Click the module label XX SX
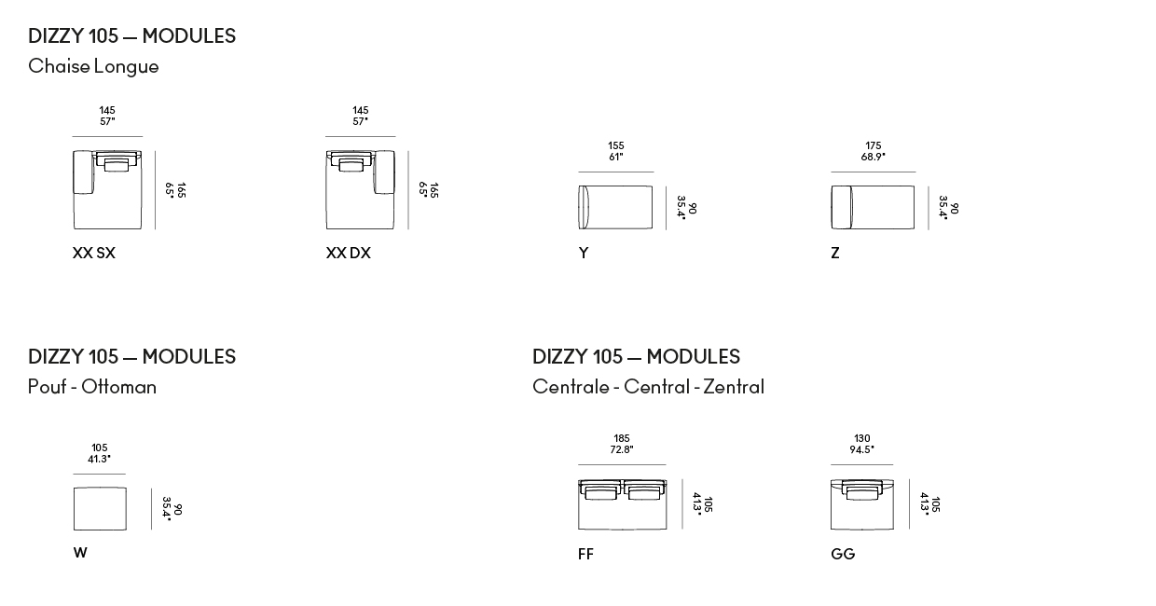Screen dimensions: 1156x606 (x=94, y=253)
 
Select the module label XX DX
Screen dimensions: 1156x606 (x=349, y=253)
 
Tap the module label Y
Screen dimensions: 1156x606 (x=584, y=253)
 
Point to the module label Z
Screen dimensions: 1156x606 (x=835, y=253)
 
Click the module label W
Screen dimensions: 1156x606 (x=80, y=553)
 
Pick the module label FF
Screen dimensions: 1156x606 (x=585, y=554)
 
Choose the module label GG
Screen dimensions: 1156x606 (x=843, y=554)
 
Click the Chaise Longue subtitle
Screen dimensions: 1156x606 (x=93, y=66)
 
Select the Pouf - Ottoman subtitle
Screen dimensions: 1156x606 (x=92, y=387)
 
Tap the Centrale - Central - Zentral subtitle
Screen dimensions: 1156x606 (x=648, y=387)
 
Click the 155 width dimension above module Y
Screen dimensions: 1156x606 (x=615, y=145)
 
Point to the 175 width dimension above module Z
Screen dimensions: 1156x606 (x=874, y=145)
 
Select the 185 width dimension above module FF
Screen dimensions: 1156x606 (x=621, y=438)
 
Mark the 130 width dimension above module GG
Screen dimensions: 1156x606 (x=861, y=438)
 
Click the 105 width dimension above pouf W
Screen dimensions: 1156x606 (x=100, y=448)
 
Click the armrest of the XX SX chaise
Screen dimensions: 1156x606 (x=83, y=172)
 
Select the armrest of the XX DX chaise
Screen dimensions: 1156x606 (x=384, y=172)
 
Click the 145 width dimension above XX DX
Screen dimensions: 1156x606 (x=360, y=110)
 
